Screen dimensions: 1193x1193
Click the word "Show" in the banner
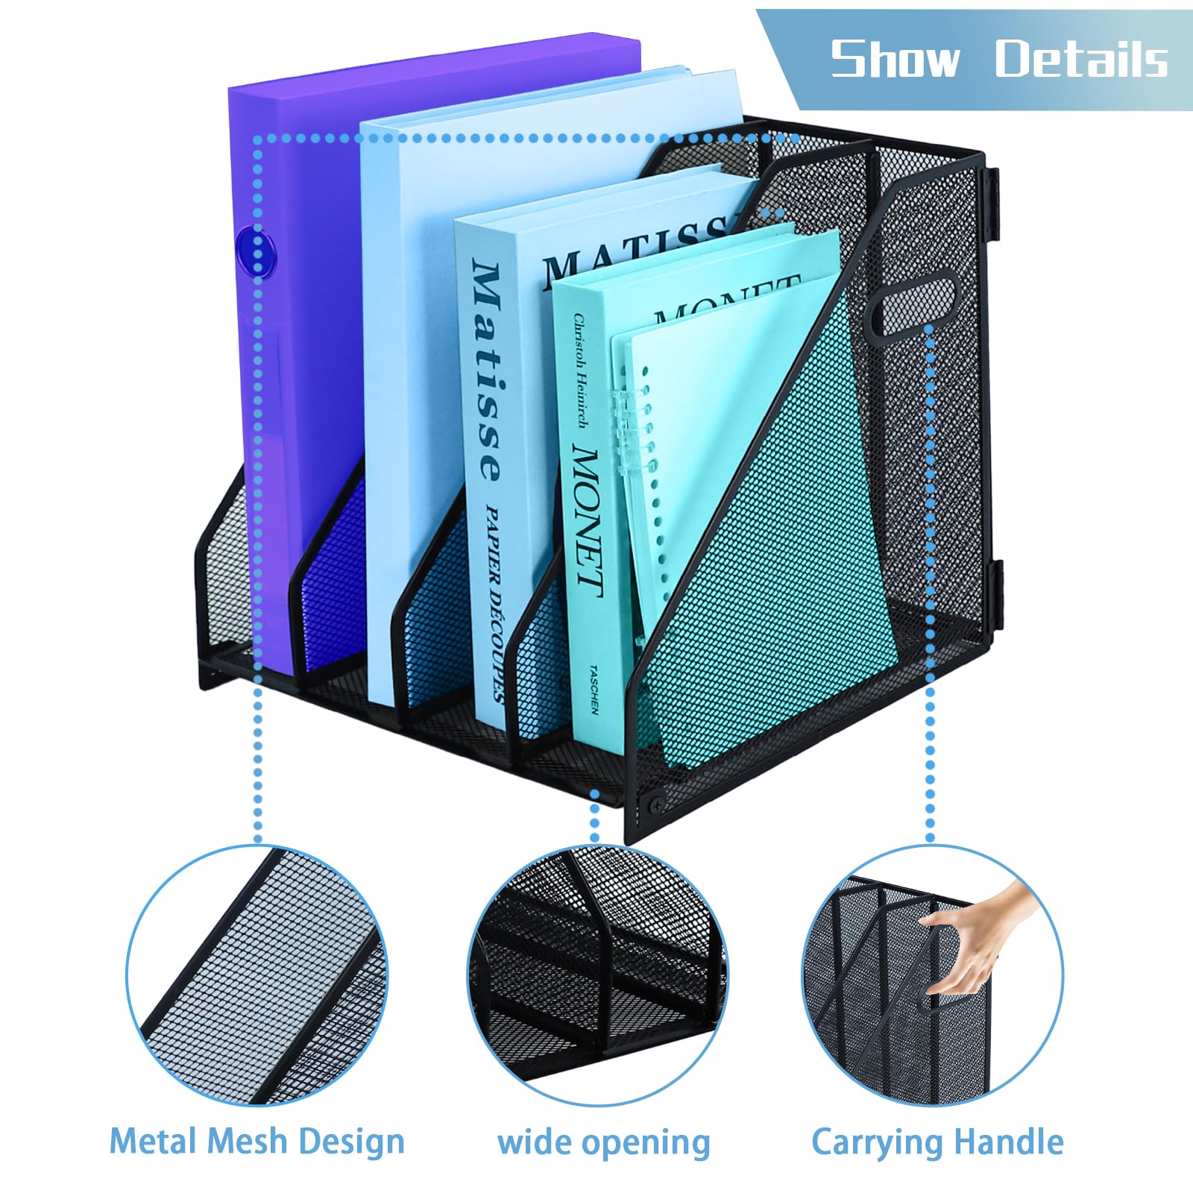click(895, 59)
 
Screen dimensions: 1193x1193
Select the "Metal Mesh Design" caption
click(257, 1142)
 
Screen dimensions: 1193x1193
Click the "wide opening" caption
click(604, 1142)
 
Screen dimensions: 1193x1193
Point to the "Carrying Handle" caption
click(937, 1142)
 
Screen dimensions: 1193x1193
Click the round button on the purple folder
click(256, 248)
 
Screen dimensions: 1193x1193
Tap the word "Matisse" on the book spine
click(488, 370)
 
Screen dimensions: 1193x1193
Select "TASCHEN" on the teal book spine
click(594, 690)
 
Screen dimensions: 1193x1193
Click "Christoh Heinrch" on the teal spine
click(579, 371)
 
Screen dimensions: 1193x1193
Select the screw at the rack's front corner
click(657, 803)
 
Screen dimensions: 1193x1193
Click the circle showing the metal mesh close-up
click(257, 976)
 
